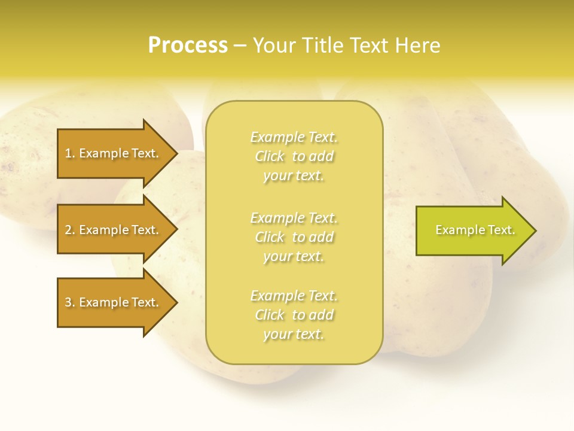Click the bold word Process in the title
coord(188,45)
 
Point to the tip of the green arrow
coord(534,230)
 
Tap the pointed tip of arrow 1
coord(175,153)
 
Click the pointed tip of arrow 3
coord(175,302)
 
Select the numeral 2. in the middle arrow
coord(70,230)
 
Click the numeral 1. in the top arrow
coord(70,153)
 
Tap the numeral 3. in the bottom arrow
coord(70,302)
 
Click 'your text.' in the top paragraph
coord(294,176)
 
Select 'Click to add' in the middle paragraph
coord(294,237)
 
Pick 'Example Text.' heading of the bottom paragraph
coord(294,296)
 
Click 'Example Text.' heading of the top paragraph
coord(294,137)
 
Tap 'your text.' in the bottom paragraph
coord(294,335)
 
